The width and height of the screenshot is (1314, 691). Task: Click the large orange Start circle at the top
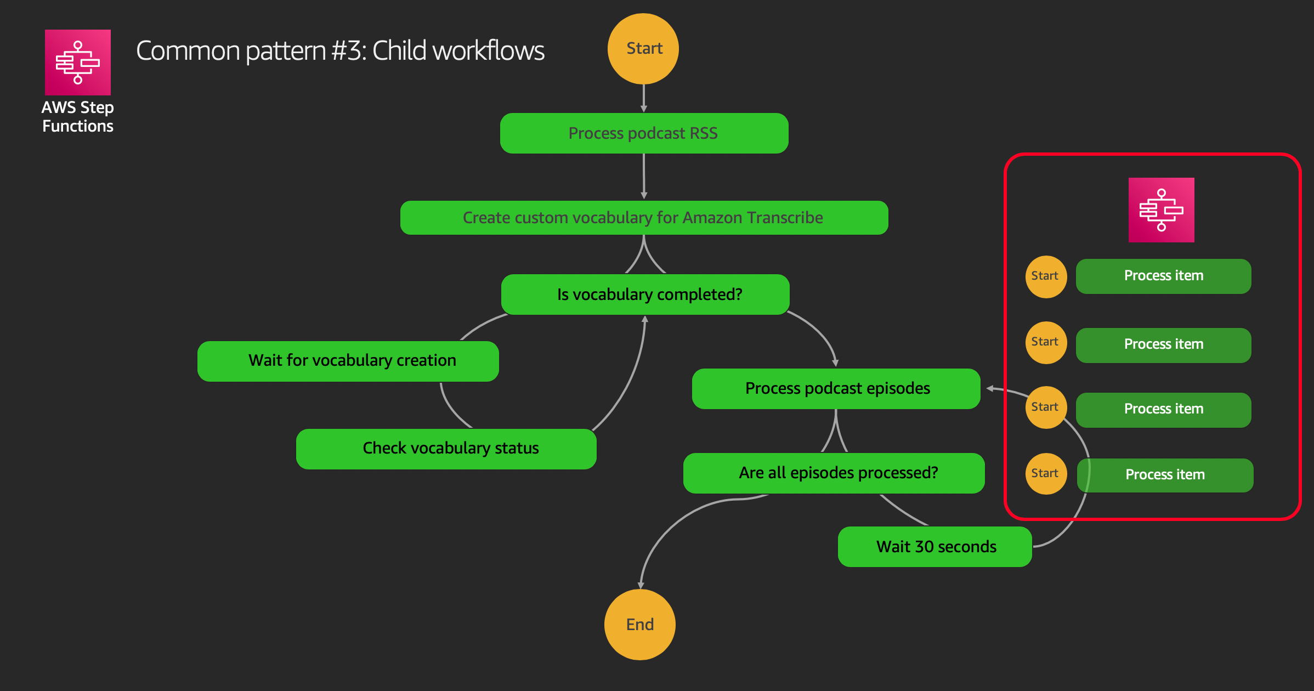coord(643,49)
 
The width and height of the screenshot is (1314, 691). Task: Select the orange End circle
coord(640,625)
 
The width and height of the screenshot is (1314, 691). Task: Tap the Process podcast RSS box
coord(644,133)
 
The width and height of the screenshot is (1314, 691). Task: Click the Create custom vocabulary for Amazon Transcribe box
coord(644,218)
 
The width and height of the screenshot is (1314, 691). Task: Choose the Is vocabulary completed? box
coord(645,294)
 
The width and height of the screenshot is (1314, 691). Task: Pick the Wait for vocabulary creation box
coord(348,361)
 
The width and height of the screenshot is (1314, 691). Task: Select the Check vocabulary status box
coord(446,449)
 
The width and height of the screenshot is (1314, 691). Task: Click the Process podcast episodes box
coord(836,389)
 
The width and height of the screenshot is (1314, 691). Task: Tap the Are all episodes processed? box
coord(834,473)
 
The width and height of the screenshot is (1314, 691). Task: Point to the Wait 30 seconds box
coord(935,547)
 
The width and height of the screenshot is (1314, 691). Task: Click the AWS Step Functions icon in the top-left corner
coord(78,63)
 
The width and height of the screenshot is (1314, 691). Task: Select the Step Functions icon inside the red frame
coord(1162,210)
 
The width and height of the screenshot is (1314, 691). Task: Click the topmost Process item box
coord(1164,276)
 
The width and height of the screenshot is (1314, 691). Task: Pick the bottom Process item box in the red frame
coord(1165,475)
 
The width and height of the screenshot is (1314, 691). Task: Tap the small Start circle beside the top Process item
coord(1046,277)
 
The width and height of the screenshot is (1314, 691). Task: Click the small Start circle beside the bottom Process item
coord(1046,474)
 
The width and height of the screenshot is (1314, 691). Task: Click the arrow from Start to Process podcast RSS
coord(644,99)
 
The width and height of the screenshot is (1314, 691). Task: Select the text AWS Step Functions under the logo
coord(78,117)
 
